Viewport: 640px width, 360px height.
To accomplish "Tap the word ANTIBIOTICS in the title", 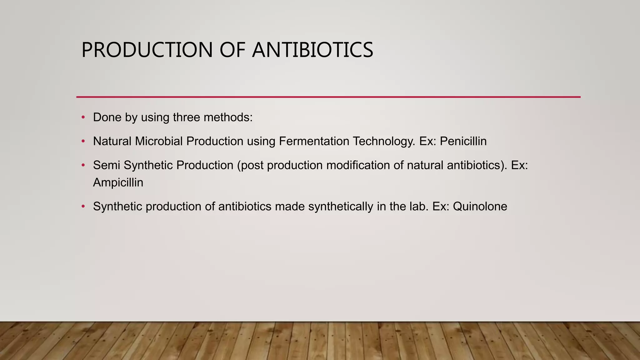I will pos(312,50).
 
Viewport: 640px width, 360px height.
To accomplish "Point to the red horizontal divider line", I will pos(328,97).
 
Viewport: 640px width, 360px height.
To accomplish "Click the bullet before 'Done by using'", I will pos(83,117).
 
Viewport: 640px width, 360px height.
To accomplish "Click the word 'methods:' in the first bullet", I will pos(228,117).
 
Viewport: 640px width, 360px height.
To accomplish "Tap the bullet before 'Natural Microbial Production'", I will pos(83,141).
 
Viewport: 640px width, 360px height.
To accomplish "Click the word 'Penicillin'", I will pos(463,141).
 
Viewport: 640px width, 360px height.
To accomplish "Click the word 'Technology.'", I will pos(384,141).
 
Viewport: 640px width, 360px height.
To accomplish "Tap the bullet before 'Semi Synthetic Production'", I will pos(83,165).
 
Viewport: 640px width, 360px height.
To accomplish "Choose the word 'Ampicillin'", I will pos(118,182).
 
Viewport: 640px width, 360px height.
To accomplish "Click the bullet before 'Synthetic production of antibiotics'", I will pos(83,207).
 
